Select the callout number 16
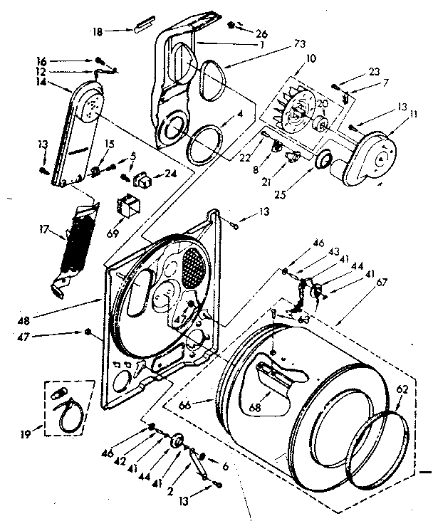click(41, 62)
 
